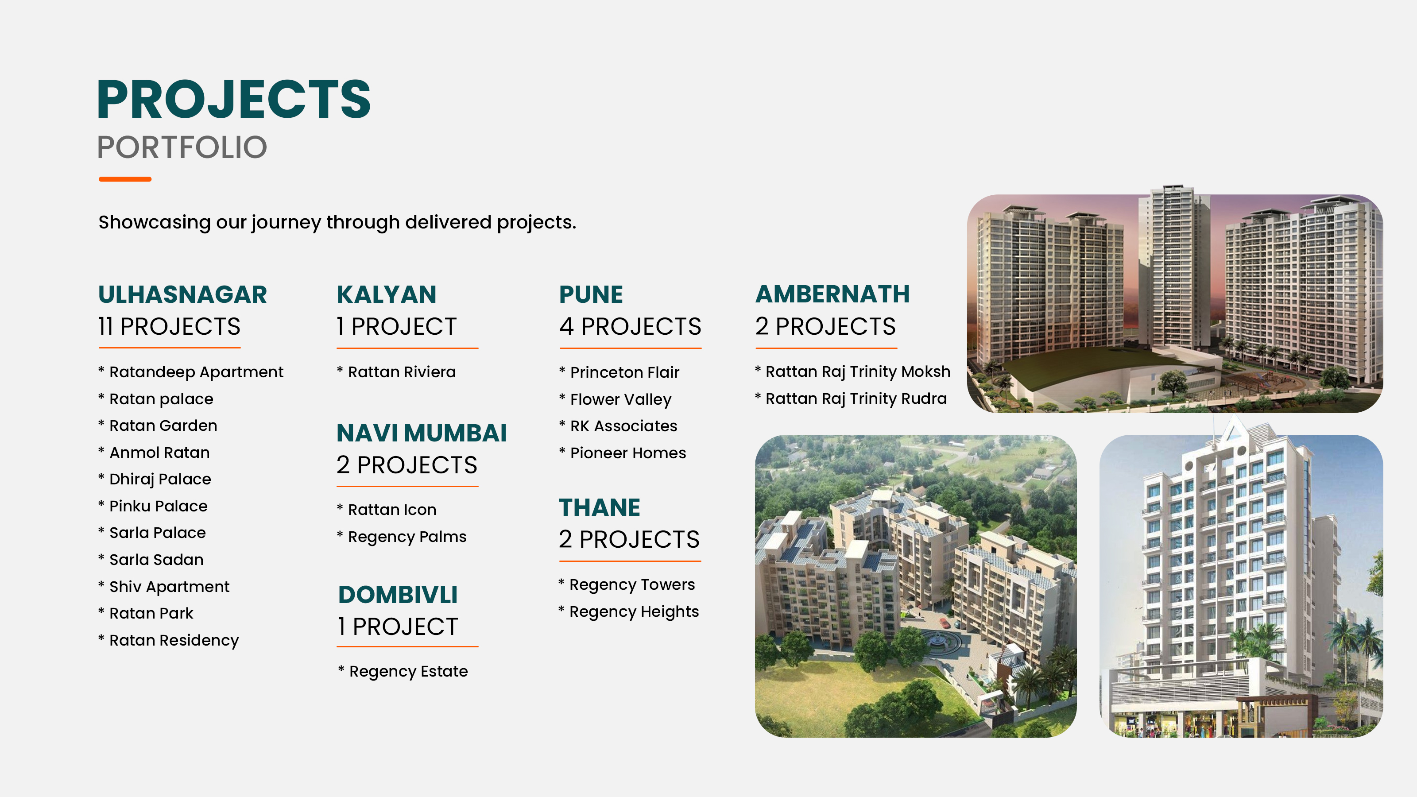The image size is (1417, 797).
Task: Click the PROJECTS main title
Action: [234, 99]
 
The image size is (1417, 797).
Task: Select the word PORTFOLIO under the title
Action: [182, 147]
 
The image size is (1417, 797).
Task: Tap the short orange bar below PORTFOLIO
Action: [125, 179]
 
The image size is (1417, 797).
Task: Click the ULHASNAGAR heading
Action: [182, 294]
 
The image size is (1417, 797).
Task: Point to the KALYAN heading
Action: [387, 294]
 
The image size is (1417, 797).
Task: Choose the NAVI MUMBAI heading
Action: [422, 433]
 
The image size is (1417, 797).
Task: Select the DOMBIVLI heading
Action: [398, 595]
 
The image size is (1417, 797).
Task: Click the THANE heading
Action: [600, 507]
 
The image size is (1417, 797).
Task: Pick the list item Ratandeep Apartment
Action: [196, 372]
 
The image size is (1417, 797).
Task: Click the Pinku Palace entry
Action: [159, 506]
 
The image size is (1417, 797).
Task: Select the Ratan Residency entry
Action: [174, 641]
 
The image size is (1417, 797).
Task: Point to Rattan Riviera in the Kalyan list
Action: [402, 372]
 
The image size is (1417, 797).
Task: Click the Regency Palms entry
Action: [407, 537]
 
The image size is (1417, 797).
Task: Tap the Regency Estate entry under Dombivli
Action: [409, 672]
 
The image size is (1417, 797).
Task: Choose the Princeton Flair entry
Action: [625, 372]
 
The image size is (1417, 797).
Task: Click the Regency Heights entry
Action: [634, 611]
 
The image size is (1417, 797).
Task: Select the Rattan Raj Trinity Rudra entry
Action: [856, 399]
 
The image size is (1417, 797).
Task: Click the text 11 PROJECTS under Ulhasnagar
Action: [170, 326]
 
